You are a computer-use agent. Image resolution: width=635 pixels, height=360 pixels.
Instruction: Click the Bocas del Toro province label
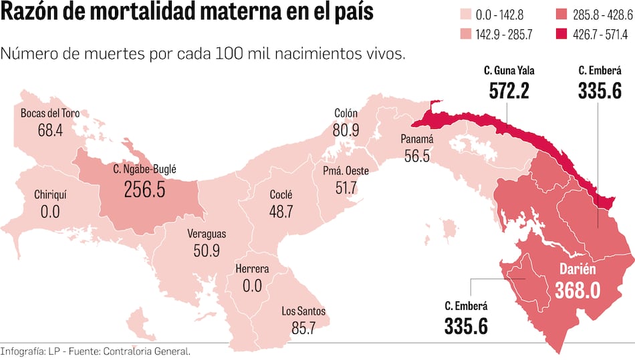tap(50, 114)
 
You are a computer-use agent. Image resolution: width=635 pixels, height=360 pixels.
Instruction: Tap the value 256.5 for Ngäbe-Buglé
tap(144, 190)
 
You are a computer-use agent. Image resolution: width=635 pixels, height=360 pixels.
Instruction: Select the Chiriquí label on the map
tap(50, 195)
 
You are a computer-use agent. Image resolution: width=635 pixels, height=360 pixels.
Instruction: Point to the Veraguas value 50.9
tap(206, 251)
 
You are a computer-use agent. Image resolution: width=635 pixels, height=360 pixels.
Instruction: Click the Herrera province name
tap(252, 270)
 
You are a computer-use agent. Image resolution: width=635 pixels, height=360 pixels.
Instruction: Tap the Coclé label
tap(281, 195)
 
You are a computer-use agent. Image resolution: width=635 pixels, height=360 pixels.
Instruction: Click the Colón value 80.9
tap(346, 131)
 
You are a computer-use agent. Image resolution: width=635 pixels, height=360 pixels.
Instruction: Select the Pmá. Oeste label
tap(346, 171)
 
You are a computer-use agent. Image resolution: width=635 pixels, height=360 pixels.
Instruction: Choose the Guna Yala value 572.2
tap(509, 90)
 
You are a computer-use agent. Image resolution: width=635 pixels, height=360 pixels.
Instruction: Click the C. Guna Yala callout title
tap(509, 70)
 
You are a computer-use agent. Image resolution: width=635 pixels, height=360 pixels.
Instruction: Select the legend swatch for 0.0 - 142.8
tap(466, 14)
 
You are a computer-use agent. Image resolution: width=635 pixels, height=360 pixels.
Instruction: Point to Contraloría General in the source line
tap(153, 351)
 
